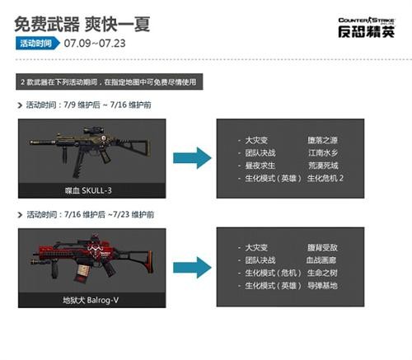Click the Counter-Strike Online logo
pyautogui.click(x=360, y=24)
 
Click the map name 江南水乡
pyautogui.click(x=324, y=152)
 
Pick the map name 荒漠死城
pyautogui.click(x=324, y=165)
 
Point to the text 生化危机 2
pyautogui.click(x=325, y=177)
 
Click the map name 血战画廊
pyautogui.click(x=324, y=259)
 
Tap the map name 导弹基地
pyautogui.click(x=324, y=284)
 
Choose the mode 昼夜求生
pyautogui.click(x=265, y=165)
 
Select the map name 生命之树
pyautogui.click(x=324, y=272)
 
